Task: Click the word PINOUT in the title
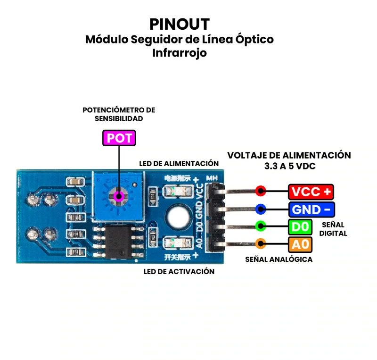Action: click(180, 24)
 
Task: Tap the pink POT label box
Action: click(119, 138)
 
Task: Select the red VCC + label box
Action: click(311, 192)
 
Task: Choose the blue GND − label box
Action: click(311, 209)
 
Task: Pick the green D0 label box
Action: click(300, 226)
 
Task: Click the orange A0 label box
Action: click(300, 244)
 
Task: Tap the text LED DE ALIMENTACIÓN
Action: click(179, 164)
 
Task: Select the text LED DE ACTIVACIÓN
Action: click(179, 272)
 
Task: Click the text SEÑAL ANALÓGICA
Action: click(279, 260)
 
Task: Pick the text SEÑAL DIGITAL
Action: click(333, 229)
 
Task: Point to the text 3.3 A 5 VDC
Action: click(289, 166)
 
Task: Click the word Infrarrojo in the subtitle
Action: click(180, 53)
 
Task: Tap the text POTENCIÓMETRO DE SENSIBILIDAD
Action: click(119, 114)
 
